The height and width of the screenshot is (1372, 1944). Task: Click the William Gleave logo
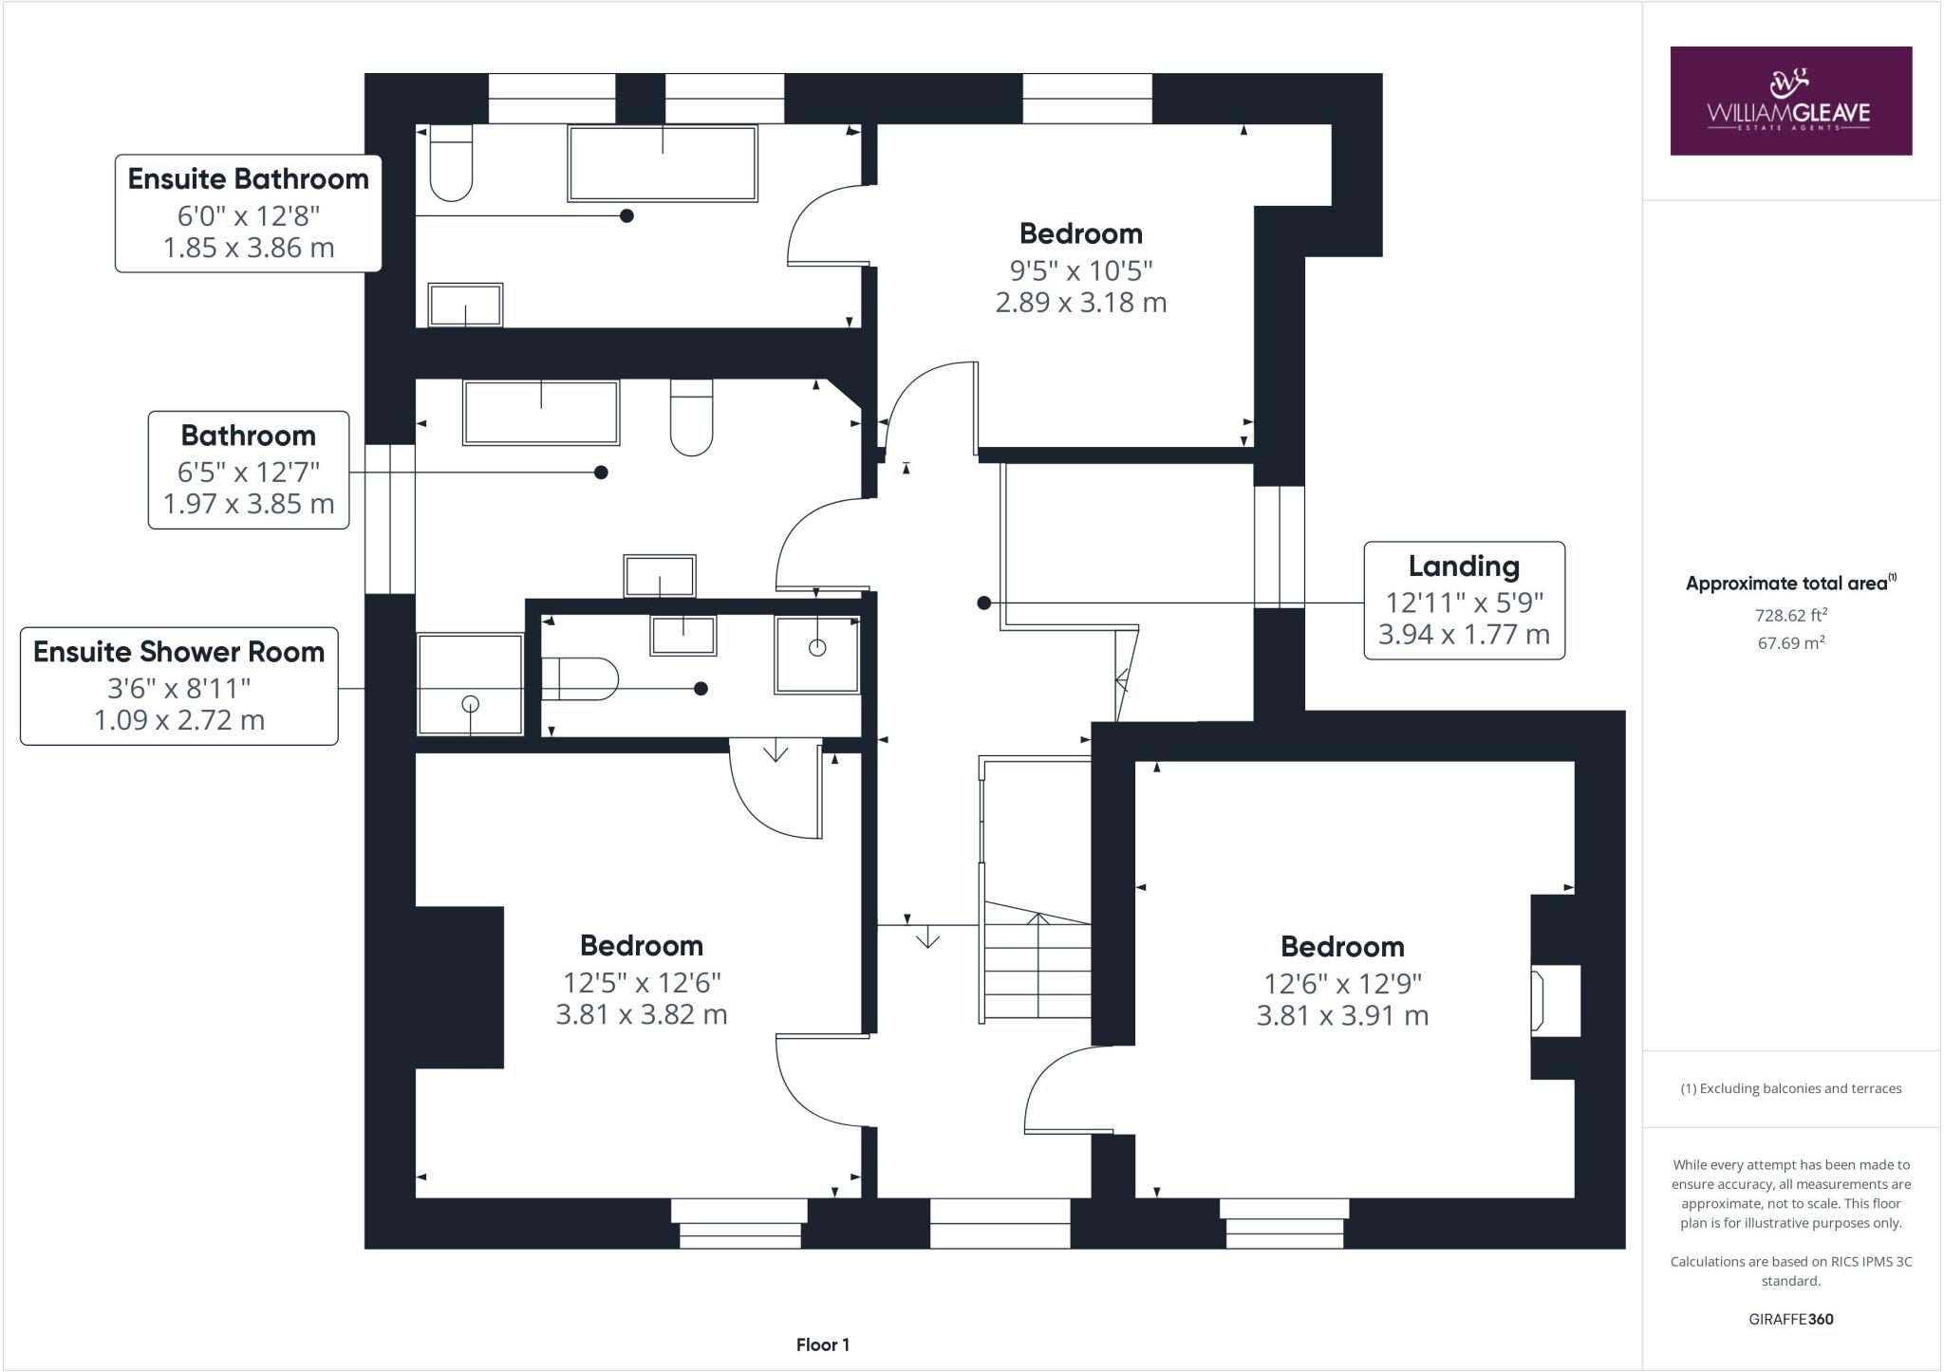[x=1790, y=101]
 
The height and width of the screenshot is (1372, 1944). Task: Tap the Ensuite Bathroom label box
[x=249, y=213]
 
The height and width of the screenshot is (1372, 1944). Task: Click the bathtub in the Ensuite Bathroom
[x=663, y=163]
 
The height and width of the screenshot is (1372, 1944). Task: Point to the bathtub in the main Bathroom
[x=541, y=413]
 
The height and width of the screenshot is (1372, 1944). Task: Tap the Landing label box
[x=1464, y=601]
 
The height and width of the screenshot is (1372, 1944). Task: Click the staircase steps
[x=1037, y=968]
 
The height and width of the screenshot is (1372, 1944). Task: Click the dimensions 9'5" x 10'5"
[x=1080, y=271]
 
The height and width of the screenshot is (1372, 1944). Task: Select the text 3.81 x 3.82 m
[x=642, y=1015]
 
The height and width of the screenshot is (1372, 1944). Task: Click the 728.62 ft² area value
[x=1791, y=615]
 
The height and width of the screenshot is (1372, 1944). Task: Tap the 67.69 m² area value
[x=1791, y=643]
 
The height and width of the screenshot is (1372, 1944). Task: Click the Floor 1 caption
[x=823, y=1344]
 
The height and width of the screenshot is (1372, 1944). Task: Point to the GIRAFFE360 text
[x=1790, y=1319]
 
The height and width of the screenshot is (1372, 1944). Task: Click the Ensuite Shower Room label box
[x=179, y=686]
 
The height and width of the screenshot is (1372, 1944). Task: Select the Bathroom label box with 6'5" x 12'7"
[x=249, y=470]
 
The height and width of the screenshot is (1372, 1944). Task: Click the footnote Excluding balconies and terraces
[x=1791, y=1088]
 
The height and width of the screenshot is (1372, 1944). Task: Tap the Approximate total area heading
[x=1790, y=584]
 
